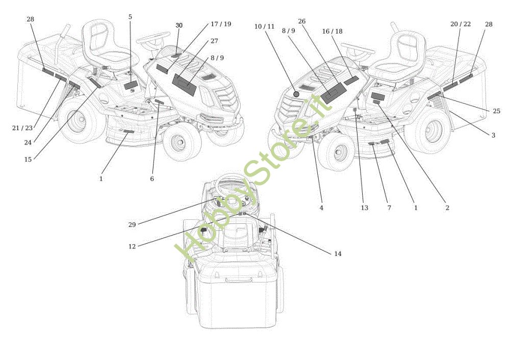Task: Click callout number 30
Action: point(179,25)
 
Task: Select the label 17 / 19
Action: point(220,24)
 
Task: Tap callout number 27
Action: point(214,41)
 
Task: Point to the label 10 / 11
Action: point(264,26)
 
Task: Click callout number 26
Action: point(302,21)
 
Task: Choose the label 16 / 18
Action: point(332,31)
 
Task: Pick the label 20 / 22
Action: point(461,24)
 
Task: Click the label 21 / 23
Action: point(22,128)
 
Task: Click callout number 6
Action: point(152,179)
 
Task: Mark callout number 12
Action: point(132,246)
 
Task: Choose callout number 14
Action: point(338,253)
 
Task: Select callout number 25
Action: point(497,111)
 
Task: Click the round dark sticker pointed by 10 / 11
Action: point(296,94)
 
